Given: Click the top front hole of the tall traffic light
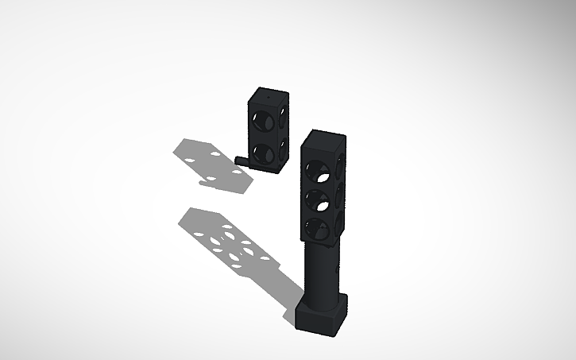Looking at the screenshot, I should (x=318, y=169).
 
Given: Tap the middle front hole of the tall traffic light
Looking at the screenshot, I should (x=318, y=199).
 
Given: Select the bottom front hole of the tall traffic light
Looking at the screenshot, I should (x=317, y=229).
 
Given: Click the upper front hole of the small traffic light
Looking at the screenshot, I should (x=261, y=122).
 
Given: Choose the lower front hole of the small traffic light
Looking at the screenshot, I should (x=261, y=151).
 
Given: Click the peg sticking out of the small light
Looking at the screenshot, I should (x=241, y=160).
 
